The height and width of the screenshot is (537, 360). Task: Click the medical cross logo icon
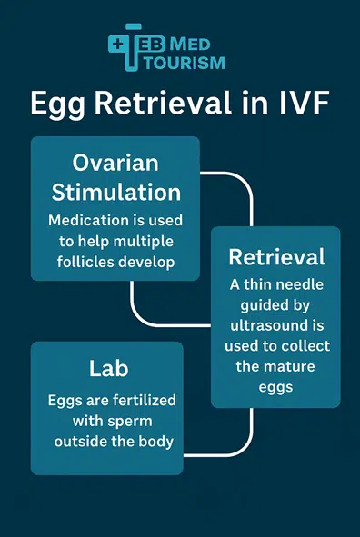tap(125, 45)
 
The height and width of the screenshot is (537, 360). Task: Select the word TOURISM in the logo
tap(192, 62)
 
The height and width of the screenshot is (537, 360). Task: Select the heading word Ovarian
tap(115, 164)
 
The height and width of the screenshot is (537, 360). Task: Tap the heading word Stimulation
tap(115, 193)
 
